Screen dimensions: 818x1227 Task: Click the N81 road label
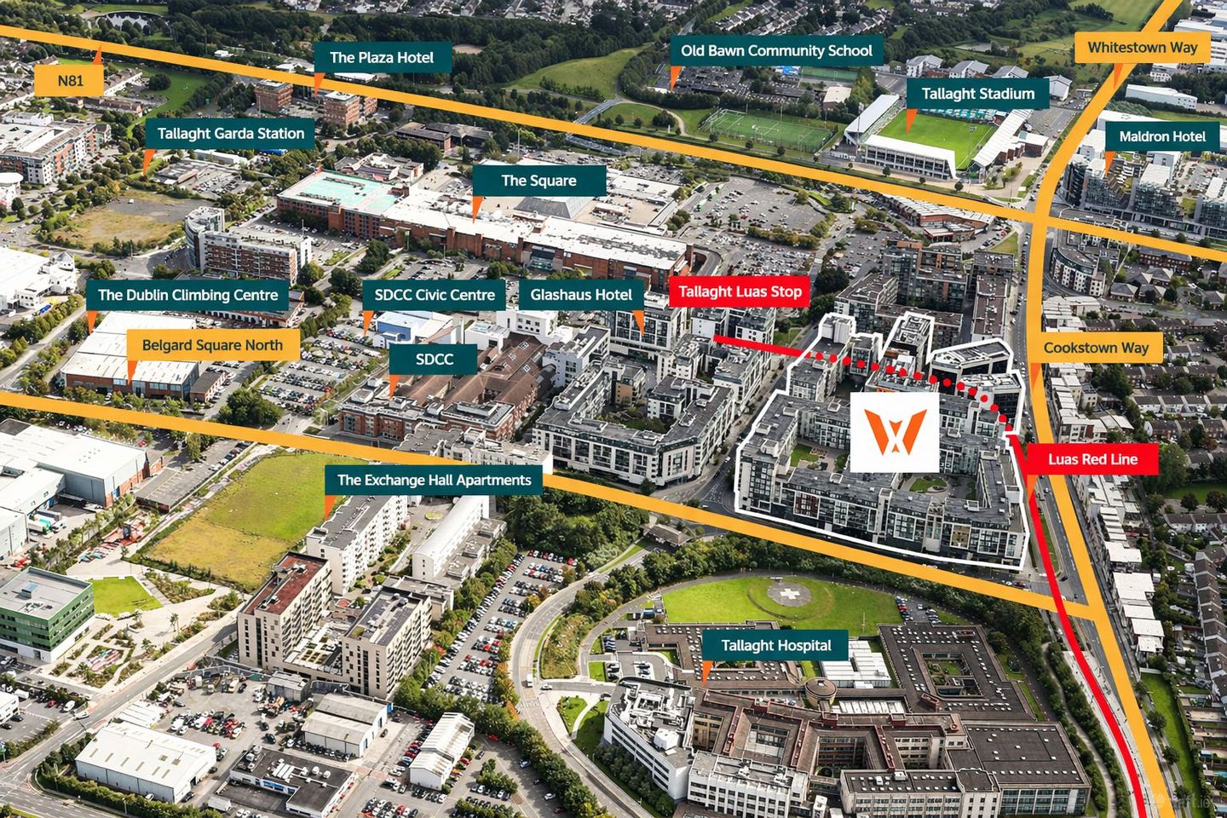pyautogui.click(x=71, y=81)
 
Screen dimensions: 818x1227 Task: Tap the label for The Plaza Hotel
pyautogui.click(x=381, y=58)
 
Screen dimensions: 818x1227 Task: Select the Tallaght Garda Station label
pyautogui.click(x=230, y=134)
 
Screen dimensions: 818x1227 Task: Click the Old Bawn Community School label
pyautogui.click(x=775, y=51)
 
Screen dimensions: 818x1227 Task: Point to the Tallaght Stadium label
pyautogui.click(x=977, y=94)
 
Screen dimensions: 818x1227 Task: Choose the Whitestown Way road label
pyautogui.click(x=1142, y=48)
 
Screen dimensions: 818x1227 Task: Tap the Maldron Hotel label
pyautogui.click(x=1162, y=136)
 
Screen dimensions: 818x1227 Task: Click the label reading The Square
pyautogui.click(x=539, y=181)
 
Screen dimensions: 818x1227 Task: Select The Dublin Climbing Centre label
pyautogui.click(x=187, y=296)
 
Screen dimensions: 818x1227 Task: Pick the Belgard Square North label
pyautogui.click(x=212, y=345)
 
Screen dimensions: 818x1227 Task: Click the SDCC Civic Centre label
pyautogui.click(x=435, y=296)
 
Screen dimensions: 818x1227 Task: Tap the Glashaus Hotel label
pyautogui.click(x=581, y=296)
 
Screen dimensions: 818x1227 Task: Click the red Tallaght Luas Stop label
pyautogui.click(x=740, y=291)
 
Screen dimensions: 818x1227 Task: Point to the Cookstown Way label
pyautogui.click(x=1096, y=348)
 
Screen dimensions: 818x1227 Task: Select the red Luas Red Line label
pyautogui.click(x=1092, y=459)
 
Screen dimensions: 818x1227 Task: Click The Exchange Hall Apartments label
pyautogui.click(x=434, y=480)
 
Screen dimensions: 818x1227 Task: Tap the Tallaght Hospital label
pyautogui.click(x=775, y=646)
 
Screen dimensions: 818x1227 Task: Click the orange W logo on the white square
pyautogui.click(x=895, y=431)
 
